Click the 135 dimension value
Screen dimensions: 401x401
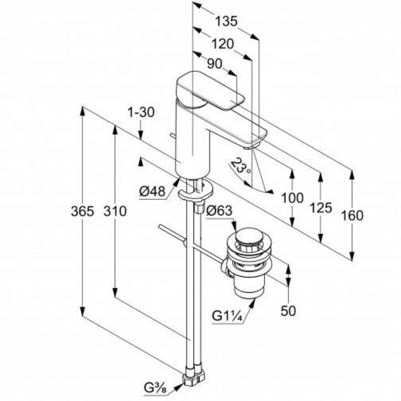226,22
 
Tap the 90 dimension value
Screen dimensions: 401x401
215,64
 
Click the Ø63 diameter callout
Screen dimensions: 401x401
219,212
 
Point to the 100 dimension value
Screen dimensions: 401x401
293,198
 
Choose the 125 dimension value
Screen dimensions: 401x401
321,207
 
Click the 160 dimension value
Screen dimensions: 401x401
352,216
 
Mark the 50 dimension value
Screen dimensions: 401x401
288,311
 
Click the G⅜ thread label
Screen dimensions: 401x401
155,387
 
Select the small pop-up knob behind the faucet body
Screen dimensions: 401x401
172,135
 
